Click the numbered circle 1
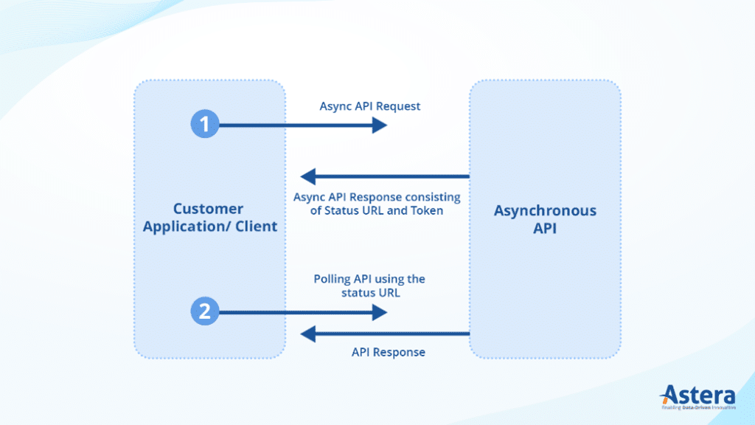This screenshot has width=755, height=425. click(205, 124)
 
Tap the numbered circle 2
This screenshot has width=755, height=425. click(205, 312)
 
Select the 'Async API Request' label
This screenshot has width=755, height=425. click(369, 106)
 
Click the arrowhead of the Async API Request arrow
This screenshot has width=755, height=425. click(380, 125)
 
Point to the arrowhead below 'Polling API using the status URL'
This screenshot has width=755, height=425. click(380, 313)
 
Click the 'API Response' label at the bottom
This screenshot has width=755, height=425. click(388, 352)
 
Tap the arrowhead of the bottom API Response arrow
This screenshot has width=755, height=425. click(308, 334)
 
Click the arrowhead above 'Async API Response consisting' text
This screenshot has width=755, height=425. click(308, 176)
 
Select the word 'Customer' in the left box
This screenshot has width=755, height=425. click(208, 209)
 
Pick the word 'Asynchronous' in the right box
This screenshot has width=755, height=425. click(545, 211)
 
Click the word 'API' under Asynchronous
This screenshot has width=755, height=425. click(545, 229)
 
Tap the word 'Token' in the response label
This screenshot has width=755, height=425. click(428, 211)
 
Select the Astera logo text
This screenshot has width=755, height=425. click(698, 394)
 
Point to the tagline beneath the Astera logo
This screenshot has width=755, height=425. click(697, 407)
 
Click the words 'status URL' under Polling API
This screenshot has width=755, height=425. click(369, 293)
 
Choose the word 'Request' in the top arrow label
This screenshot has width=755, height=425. click(398, 106)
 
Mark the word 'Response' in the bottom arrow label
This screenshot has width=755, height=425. click(400, 352)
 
